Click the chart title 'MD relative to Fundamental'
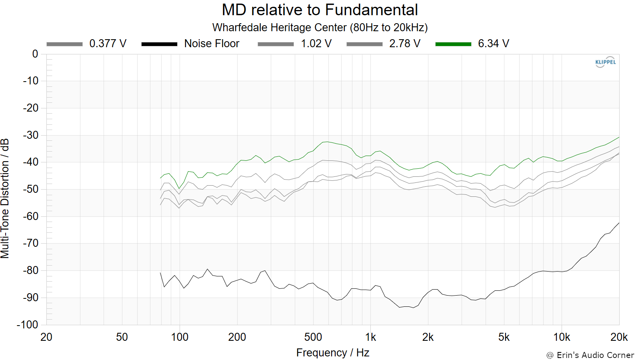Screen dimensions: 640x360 click(x=320, y=10)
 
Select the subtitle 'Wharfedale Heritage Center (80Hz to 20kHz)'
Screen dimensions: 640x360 click(x=320, y=28)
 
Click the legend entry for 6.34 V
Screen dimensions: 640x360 click(x=472, y=44)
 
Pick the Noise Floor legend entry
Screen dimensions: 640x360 click(x=190, y=44)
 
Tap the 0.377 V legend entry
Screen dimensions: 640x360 click(x=86, y=44)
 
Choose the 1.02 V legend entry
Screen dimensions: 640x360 click(x=294, y=44)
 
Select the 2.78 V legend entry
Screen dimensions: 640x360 click(x=384, y=44)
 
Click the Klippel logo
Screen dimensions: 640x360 click(x=605, y=62)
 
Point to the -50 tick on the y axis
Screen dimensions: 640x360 click(x=30, y=189)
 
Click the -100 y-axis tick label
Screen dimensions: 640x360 click(x=28, y=325)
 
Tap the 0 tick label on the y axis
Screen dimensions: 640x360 click(x=35, y=54)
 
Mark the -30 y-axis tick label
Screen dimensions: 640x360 click(x=30, y=135)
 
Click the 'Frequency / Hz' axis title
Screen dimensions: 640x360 click(x=332, y=353)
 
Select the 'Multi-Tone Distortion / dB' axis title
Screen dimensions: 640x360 click(x=5, y=198)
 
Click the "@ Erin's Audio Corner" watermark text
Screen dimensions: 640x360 click(x=590, y=355)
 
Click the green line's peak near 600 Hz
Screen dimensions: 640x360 click(x=328, y=142)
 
